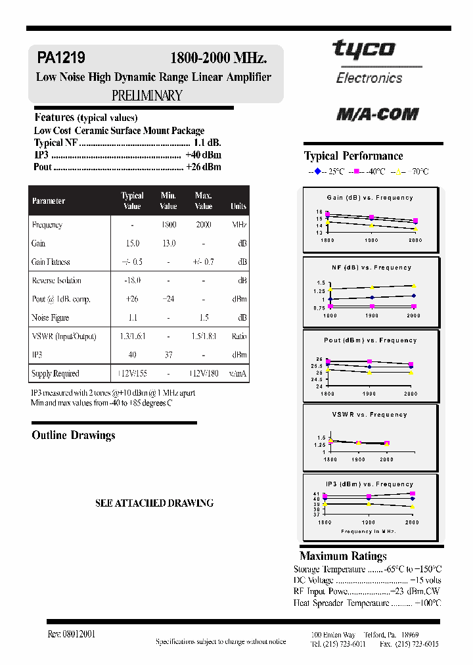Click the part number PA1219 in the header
61,58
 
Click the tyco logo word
363,49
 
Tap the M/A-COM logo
377,114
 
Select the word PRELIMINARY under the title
146,95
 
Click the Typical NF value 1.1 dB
207,143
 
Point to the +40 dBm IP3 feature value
203,154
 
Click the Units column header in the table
238,206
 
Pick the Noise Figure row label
51,317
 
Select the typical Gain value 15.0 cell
132,243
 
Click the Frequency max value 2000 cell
204,225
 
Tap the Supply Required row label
55,373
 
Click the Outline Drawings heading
74,435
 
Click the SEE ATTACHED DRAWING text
154,503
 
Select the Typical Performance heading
353,156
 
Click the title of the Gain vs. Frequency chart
370,198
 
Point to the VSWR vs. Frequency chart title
370,415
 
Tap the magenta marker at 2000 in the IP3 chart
413,493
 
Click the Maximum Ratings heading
343,556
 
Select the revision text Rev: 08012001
72,634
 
